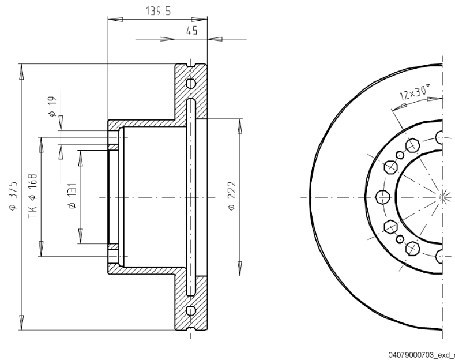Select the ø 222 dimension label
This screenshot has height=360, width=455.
click(x=232, y=197)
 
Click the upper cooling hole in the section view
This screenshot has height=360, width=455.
click(x=191, y=83)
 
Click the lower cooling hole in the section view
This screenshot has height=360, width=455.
click(x=191, y=311)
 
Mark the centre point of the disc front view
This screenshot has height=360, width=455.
click(x=441, y=197)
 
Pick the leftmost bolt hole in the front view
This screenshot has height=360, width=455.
click(x=380, y=196)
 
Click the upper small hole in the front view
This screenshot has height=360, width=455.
click(x=398, y=155)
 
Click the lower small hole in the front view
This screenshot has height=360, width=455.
click(x=398, y=238)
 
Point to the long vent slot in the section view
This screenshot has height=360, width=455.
click(x=191, y=197)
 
